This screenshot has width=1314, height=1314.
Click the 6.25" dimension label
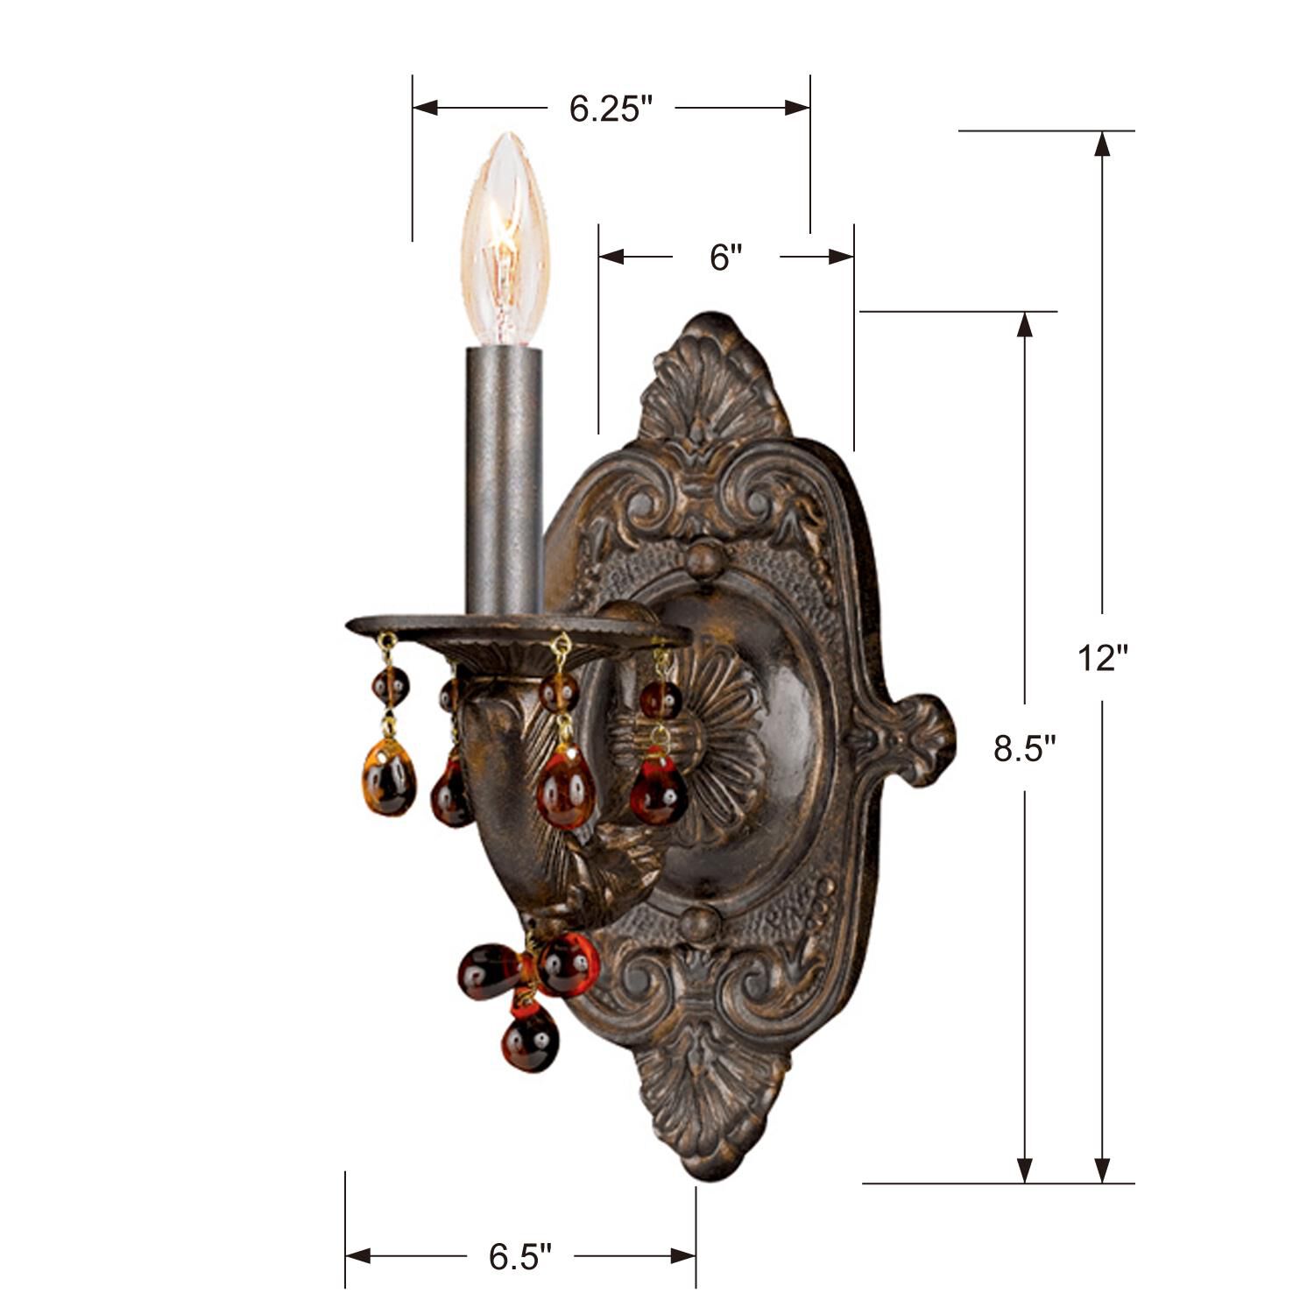(x=611, y=109)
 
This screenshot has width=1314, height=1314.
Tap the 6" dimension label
(x=725, y=258)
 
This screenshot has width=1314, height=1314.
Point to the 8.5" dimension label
(x=1024, y=749)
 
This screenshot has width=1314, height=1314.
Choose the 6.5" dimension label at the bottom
(x=520, y=1257)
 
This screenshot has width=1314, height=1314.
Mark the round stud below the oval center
(x=698, y=924)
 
